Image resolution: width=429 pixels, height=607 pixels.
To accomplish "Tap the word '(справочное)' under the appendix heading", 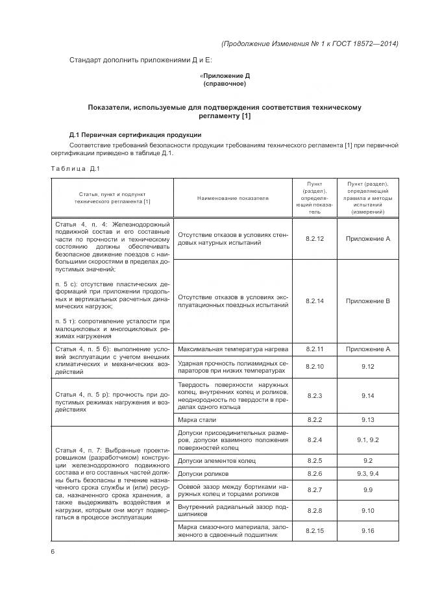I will [225, 84].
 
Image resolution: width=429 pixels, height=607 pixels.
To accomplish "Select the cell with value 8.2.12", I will [314, 239].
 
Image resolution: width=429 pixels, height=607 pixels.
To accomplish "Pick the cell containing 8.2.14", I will [314, 301].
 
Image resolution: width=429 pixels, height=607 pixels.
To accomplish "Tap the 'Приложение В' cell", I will [367, 301].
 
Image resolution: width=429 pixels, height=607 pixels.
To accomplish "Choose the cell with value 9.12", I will [367, 367].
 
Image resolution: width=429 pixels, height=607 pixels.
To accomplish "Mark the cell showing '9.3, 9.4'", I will [367, 473].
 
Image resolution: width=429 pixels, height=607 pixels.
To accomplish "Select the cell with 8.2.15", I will [314, 530].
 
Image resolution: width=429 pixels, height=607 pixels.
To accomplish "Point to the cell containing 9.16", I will [367, 530].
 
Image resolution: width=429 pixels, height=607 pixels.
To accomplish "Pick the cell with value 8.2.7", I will [314, 489].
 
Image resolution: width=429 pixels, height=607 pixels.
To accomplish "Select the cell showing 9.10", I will [367, 510].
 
